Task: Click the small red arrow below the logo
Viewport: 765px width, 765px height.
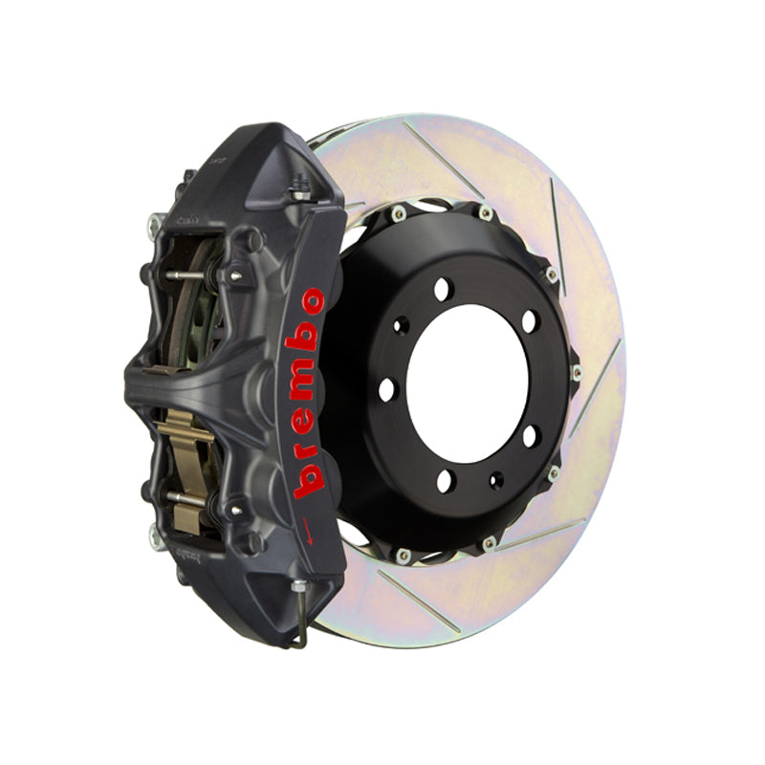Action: tap(308, 531)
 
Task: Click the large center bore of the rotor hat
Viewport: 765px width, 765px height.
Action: tap(468, 384)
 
